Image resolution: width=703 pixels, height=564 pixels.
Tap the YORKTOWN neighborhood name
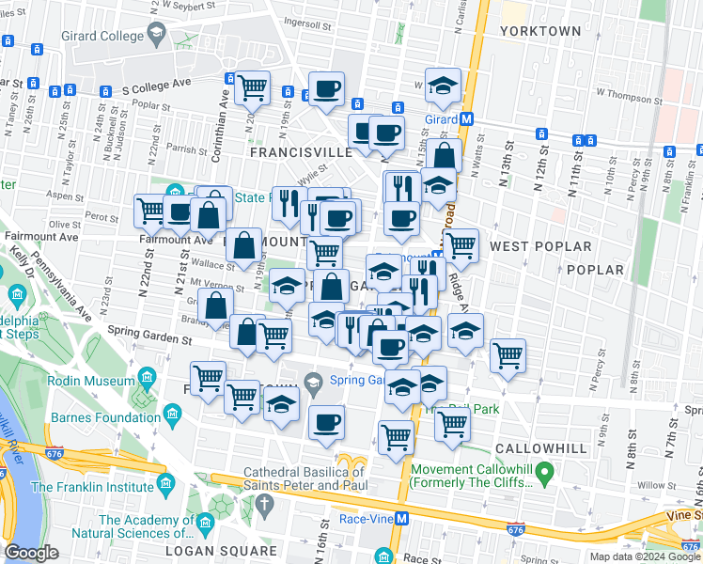click(x=540, y=31)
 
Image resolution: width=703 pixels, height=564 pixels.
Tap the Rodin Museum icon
click(x=147, y=380)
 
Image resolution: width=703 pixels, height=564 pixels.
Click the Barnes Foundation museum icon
click(x=172, y=414)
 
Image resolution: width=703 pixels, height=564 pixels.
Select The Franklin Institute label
click(x=92, y=487)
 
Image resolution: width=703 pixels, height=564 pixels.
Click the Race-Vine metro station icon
click(x=401, y=518)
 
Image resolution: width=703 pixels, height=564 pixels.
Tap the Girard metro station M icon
click(x=466, y=119)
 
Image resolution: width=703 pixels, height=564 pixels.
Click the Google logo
click(x=32, y=552)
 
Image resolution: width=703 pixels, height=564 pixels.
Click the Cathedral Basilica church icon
click(x=267, y=503)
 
